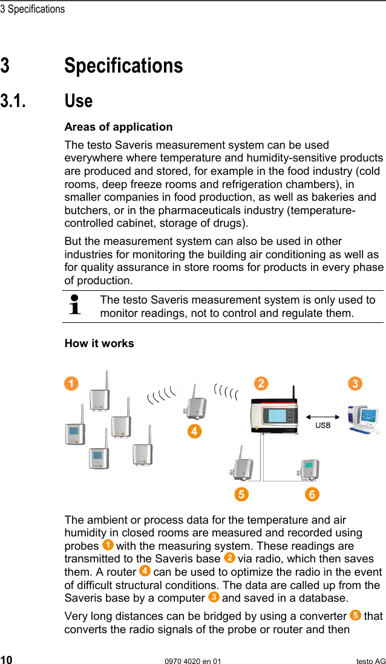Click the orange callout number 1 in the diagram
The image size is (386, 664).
[x=72, y=384]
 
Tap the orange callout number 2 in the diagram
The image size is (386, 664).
[x=261, y=384]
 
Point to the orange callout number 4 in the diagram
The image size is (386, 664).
[x=194, y=431]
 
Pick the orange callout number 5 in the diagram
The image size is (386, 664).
[x=241, y=494]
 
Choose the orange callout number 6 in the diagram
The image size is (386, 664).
[x=312, y=494]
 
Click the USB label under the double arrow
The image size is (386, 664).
[x=323, y=426]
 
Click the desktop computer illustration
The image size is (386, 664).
[x=364, y=418]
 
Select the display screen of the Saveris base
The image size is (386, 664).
[x=276, y=417]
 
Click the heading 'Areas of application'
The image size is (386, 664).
[x=119, y=127]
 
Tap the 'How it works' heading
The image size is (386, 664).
[x=99, y=343]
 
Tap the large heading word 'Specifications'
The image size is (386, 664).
[x=123, y=65]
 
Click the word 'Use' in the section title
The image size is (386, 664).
[x=79, y=100]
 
